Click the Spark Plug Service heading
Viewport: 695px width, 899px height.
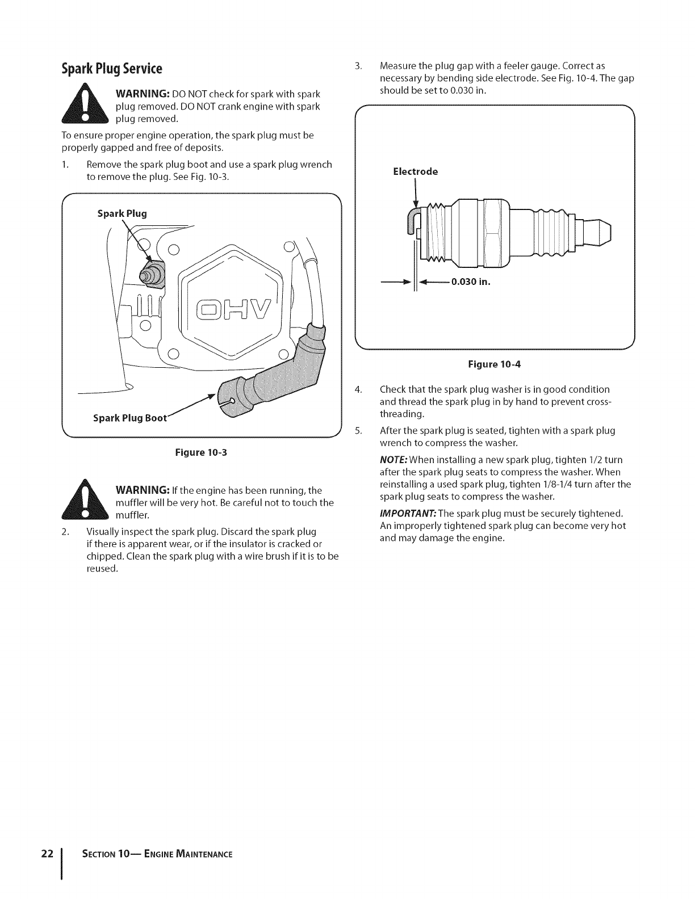point(112,69)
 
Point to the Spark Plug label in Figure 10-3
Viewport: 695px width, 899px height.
point(122,214)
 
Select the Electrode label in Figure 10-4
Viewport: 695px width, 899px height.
point(415,171)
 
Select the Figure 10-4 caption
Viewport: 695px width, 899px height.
point(494,364)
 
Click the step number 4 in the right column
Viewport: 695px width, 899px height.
point(358,389)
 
